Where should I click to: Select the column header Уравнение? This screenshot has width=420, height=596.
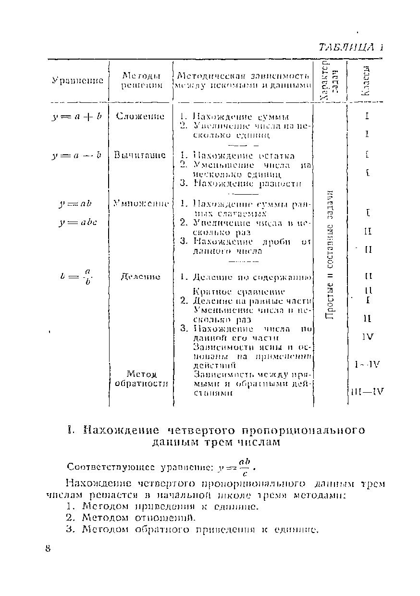pyautogui.click(x=77, y=80)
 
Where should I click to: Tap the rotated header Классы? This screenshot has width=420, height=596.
pyautogui.click(x=367, y=80)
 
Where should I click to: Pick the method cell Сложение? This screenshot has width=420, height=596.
pyautogui.click(x=140, y=116)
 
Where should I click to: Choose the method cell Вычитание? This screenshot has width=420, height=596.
pyautogui.click(x=140, y=155)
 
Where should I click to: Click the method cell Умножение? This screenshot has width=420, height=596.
pyautogui.click(x=140, y=204)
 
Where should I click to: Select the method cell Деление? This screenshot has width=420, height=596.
pyautogui.click(x=140, y=277)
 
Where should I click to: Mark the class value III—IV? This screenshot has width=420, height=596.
pyautogui.click(x=367, y=391)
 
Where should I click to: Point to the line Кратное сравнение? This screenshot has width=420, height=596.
pyautogui.click(x=239, y=292)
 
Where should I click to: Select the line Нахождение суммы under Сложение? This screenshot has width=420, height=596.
pyautogui.click(x=240, y=117)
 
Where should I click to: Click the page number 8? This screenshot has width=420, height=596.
pyautogui.click(x=48, y=549)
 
